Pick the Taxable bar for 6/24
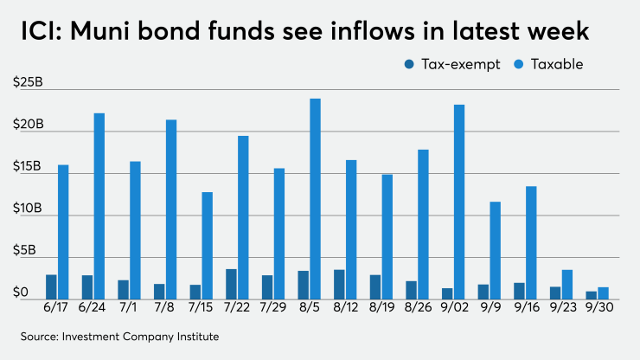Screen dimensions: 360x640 coord(99,207)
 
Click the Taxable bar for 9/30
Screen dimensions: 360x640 coord(604,293)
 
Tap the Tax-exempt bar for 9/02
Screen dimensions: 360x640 coord(447,294)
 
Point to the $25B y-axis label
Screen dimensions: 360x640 coord(28,82)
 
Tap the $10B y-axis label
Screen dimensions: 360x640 coord(28,209)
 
